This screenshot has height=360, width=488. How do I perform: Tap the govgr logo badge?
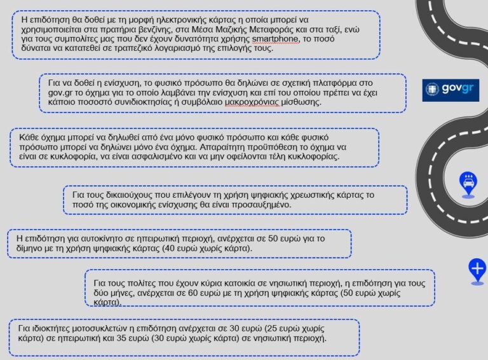coord(451,90)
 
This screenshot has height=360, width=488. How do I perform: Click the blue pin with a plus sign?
coord(477,270)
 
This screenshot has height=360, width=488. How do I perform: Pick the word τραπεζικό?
coord(121,48)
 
